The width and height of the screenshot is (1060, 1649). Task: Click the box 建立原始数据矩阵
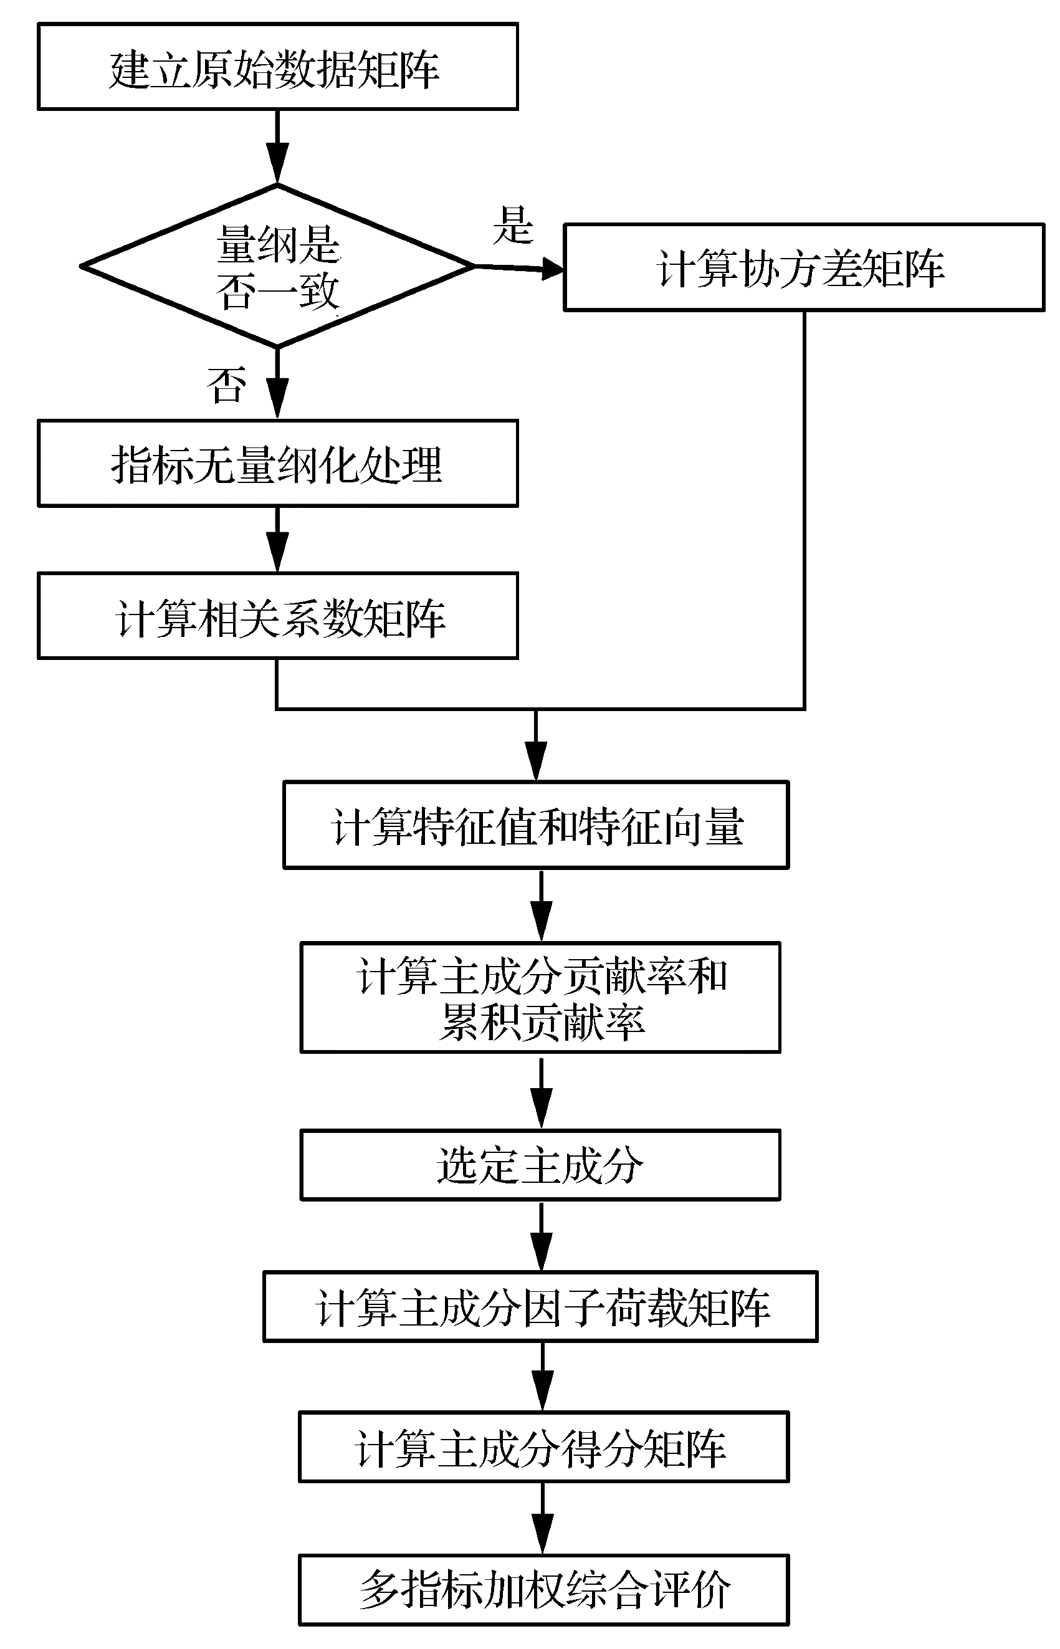277,67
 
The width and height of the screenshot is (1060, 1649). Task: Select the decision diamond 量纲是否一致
277,266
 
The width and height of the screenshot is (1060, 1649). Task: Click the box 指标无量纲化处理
277,463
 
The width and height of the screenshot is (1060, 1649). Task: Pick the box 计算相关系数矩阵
277,616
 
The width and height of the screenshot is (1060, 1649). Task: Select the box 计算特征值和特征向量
535,824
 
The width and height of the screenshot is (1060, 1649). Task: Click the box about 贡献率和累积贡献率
540,997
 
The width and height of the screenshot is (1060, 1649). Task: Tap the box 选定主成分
540,1165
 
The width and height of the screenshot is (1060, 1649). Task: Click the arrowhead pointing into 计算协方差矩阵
553,269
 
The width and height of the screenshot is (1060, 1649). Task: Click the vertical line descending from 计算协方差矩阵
804,509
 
